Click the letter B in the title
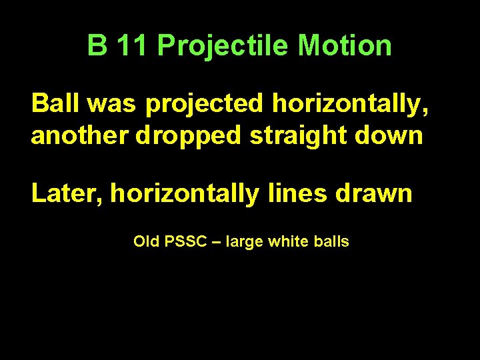97,46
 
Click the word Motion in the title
345,46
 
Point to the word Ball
54,104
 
